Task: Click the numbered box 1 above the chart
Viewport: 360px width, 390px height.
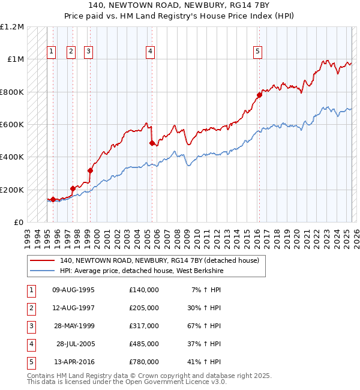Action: (52, 52)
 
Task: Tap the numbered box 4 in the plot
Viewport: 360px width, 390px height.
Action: (149, 52)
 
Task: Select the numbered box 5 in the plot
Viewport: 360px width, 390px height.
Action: (257, 52)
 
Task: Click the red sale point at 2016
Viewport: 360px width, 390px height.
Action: (259, 95)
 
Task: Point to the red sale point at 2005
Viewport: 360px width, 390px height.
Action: (152, 143)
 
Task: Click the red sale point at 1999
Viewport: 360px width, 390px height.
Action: (90, 170)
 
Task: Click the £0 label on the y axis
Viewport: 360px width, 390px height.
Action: (18, 222)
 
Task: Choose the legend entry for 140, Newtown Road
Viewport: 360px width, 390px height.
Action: (159, 260)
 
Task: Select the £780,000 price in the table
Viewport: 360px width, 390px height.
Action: (144, 362)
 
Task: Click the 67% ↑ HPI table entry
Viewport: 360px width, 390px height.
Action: (207, 326)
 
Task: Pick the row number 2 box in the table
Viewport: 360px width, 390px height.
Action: (31, 308)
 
